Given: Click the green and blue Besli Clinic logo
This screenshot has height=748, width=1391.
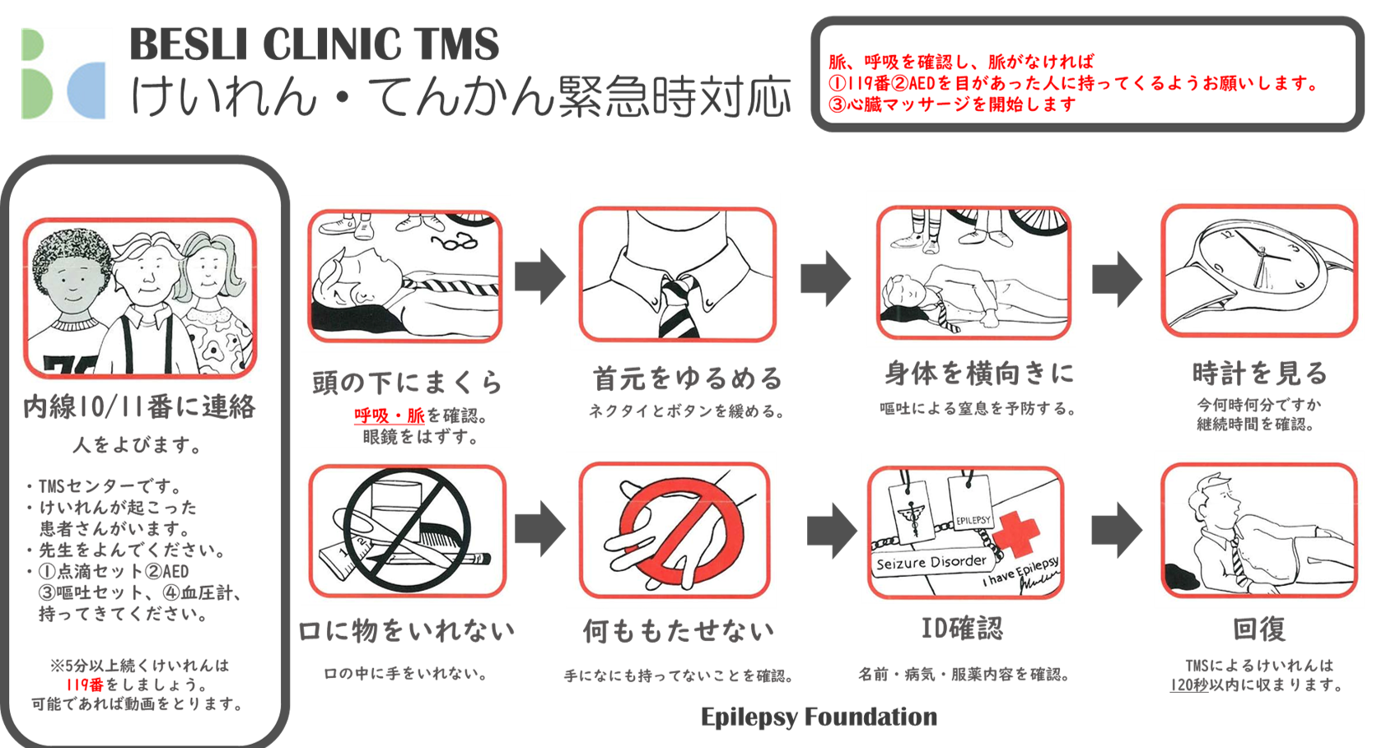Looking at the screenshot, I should pyautogui.click(x=66, y=75).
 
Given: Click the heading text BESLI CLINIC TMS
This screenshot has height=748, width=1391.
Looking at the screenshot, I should pyautogui.click(x=314, y=44).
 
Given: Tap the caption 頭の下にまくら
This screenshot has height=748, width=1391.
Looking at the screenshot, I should pyautogui.click(x=407, y=383).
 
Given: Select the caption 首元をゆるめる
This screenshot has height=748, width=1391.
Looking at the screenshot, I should pyautogui.click(x=688, y=379).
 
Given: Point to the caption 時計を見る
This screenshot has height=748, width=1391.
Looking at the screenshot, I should pyautogui.click(x=1259, y=374).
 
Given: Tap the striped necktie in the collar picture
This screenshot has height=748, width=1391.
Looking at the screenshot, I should pyautogui.click(x=678, y=306).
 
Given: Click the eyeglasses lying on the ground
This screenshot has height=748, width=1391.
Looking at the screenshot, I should pyautogui.click(x=455, y=241).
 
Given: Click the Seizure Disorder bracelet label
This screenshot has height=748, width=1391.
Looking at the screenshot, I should pyautogui.click(x=931, y=563).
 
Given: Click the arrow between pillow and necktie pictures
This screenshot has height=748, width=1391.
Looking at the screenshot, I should pyautogui.click(x=540, y=275).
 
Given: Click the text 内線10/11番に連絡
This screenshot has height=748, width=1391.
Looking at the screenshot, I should pyautogui.click(x=138, y=407).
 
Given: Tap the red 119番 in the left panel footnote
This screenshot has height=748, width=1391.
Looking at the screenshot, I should pyautogui.click(x=86, y=685).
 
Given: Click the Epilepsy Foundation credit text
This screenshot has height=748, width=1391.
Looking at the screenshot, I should pyautogui.click(x=819, y=717).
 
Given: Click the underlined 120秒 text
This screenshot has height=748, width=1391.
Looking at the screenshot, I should pyautogui.click(x=1188, y=685).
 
